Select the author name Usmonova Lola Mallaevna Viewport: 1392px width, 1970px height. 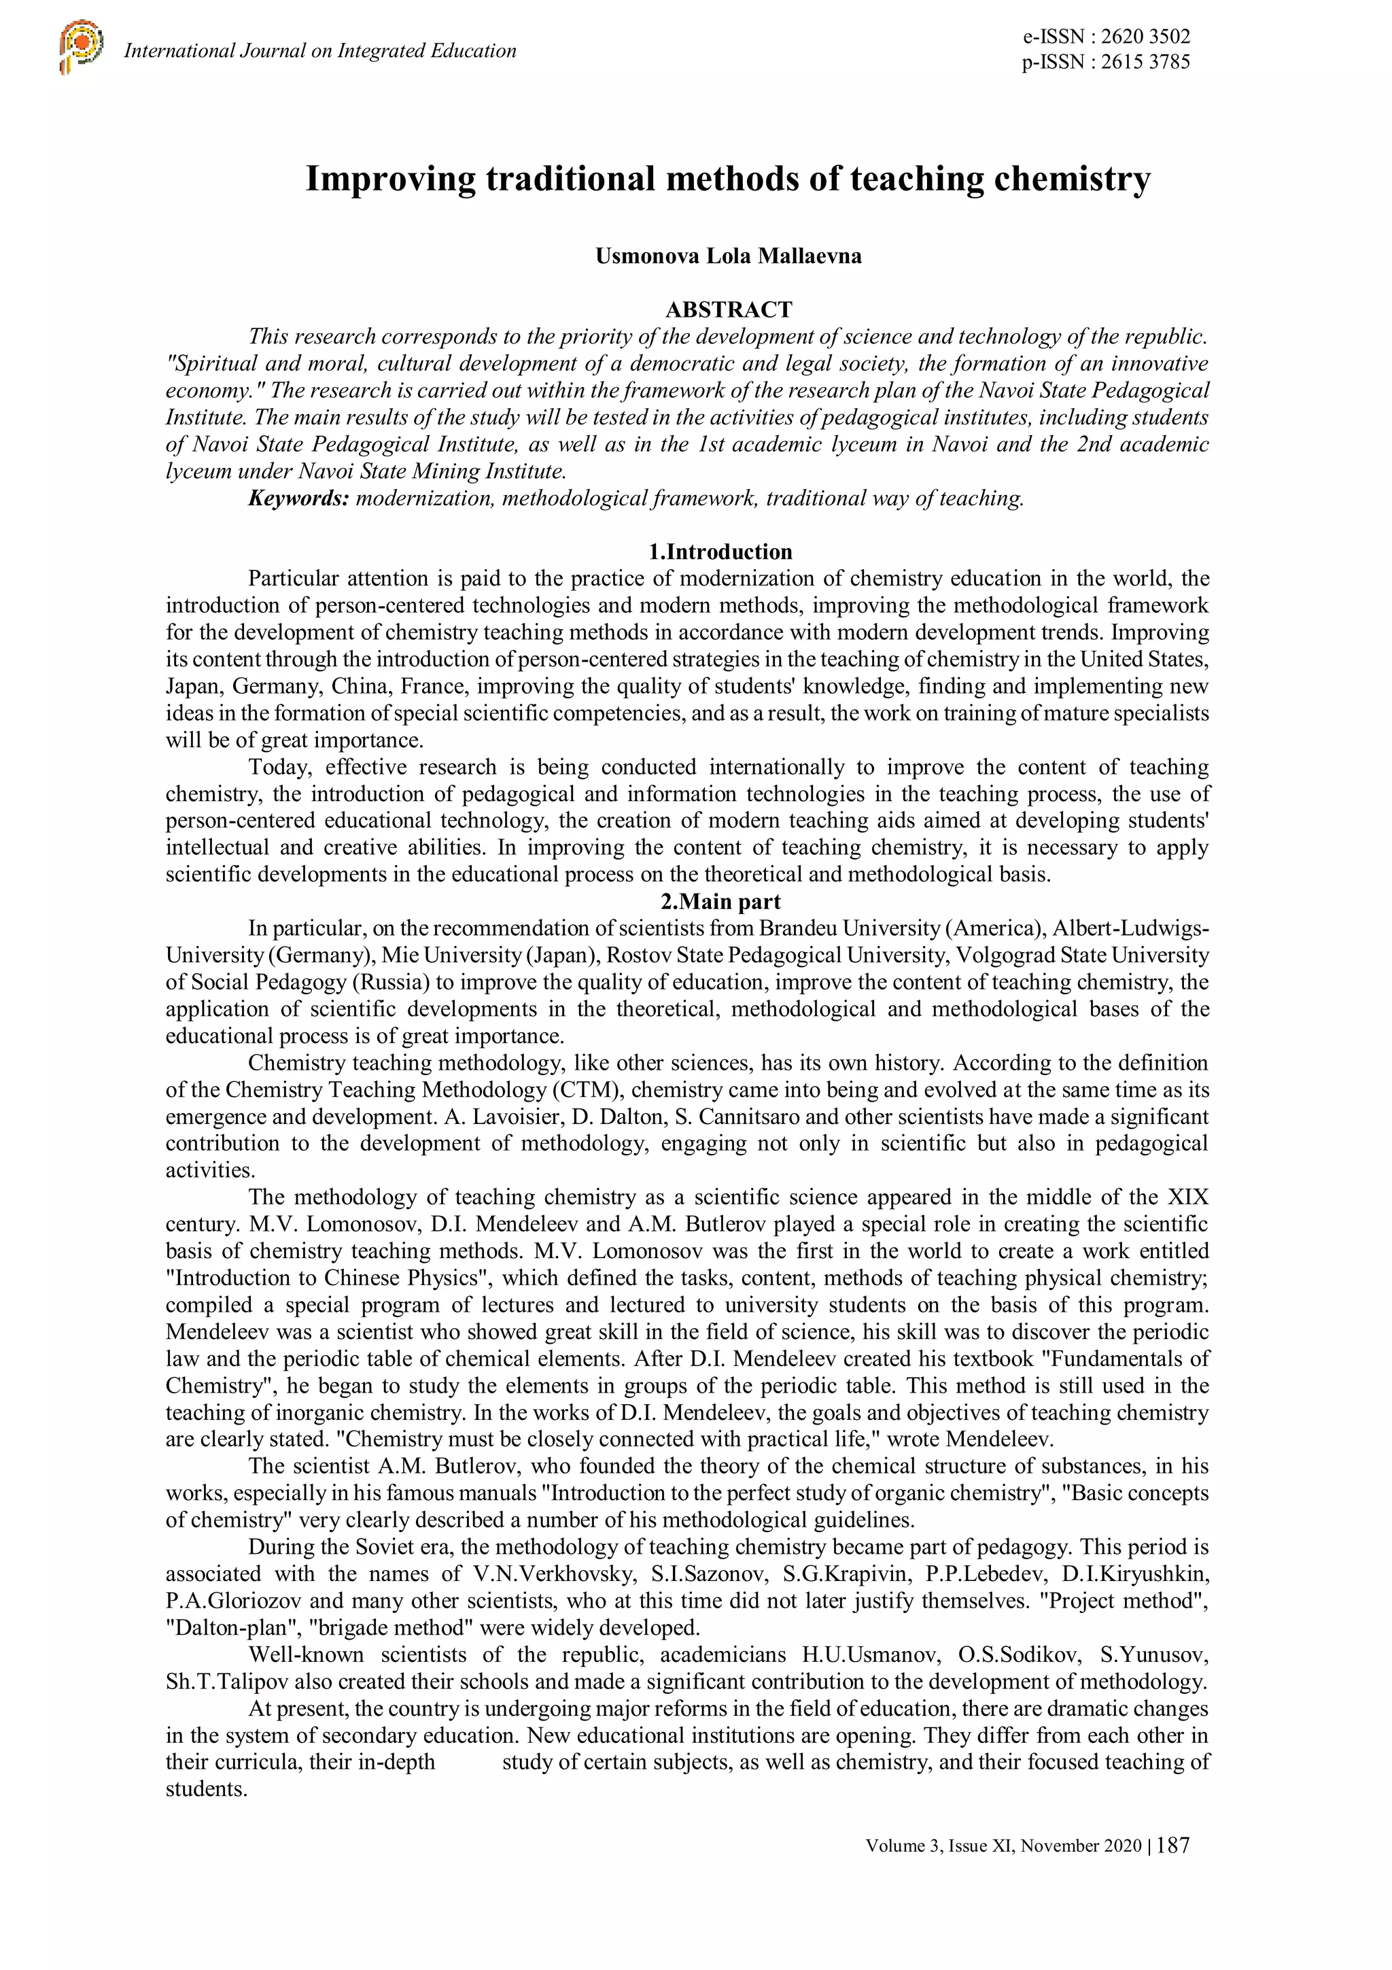pos(728,256)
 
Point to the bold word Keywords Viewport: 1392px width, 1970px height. pos(298,498)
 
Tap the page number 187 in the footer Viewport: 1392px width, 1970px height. pos(1173,1846)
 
